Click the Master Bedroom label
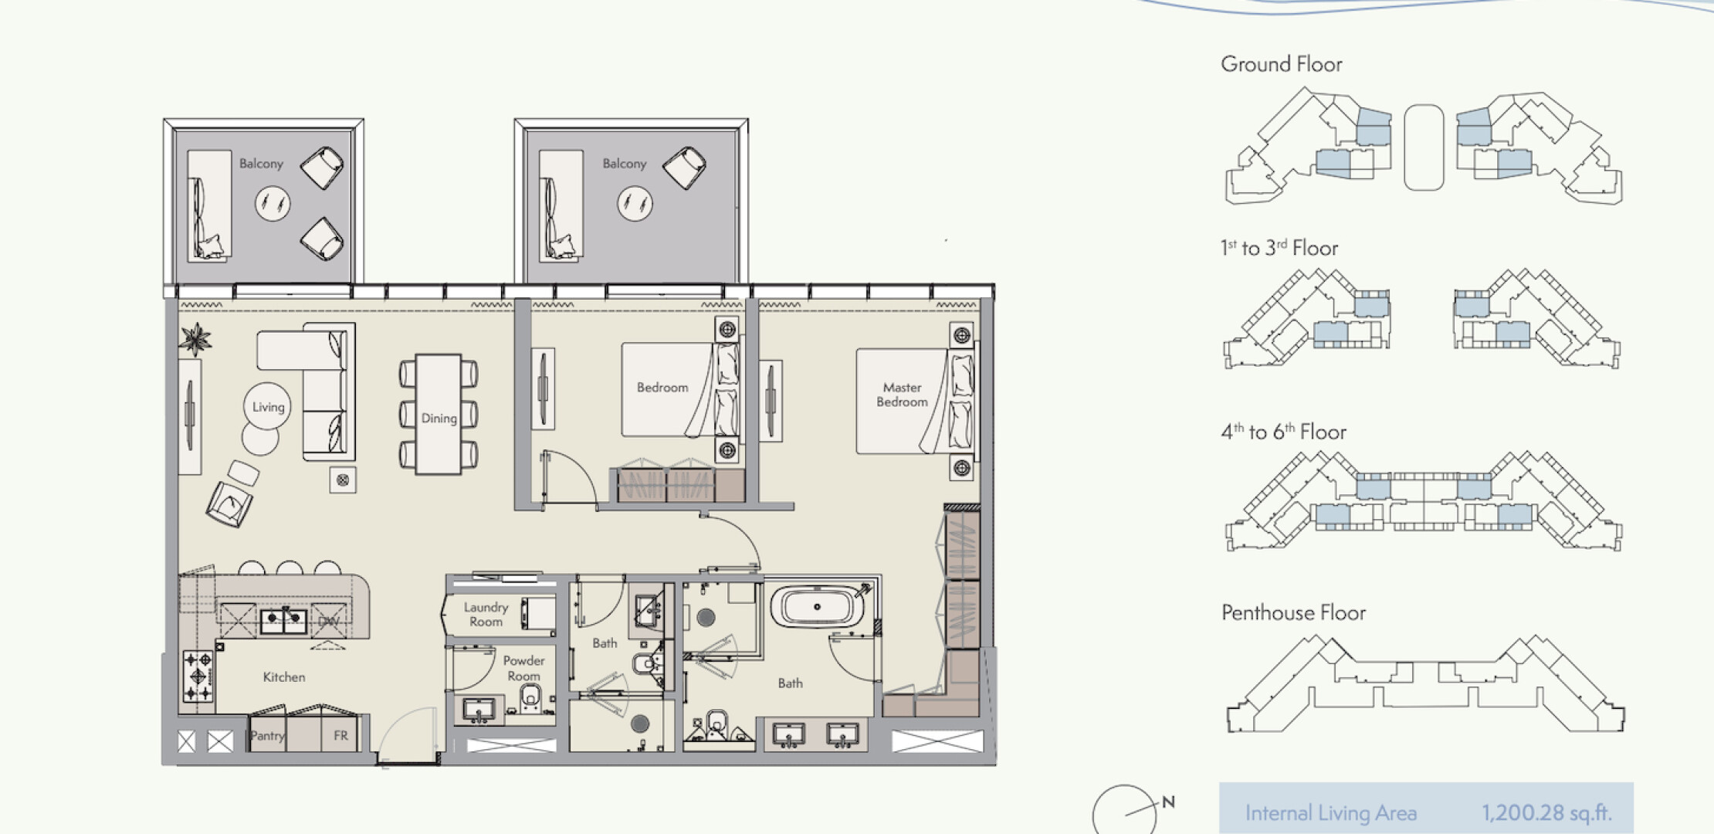click(902, 395)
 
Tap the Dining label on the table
click(439, 419)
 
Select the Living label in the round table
click(268, 407)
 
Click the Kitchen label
click(284, 677)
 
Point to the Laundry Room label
click(486, 615)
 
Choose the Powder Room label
click(523, 668)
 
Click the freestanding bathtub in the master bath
click(818, 607)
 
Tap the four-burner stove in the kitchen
click(198, 676)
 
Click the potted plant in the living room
click(195, 338)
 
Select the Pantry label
click(267, 736)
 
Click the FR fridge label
click(340, 736)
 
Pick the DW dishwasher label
click(329, 622)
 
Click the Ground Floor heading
click(1282, 64)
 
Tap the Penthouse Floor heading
click(1293, 613)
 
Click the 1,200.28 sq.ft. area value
click(1546, 812)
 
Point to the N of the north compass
click(1169, 802)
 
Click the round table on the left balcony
click(273, 204)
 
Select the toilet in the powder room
click(530, 698)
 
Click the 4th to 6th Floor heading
click(1283, 432)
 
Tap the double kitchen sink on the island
click(283, 620)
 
